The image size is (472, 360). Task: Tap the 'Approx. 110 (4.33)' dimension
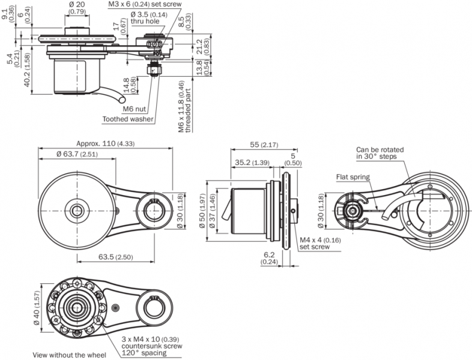[x=104, y=144]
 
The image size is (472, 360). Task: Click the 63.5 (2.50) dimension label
[x=115, y=257]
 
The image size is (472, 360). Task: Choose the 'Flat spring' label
[x=353, y=177]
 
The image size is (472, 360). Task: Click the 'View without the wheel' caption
[x=65, y=354]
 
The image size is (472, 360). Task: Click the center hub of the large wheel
[x=78, y=210]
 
